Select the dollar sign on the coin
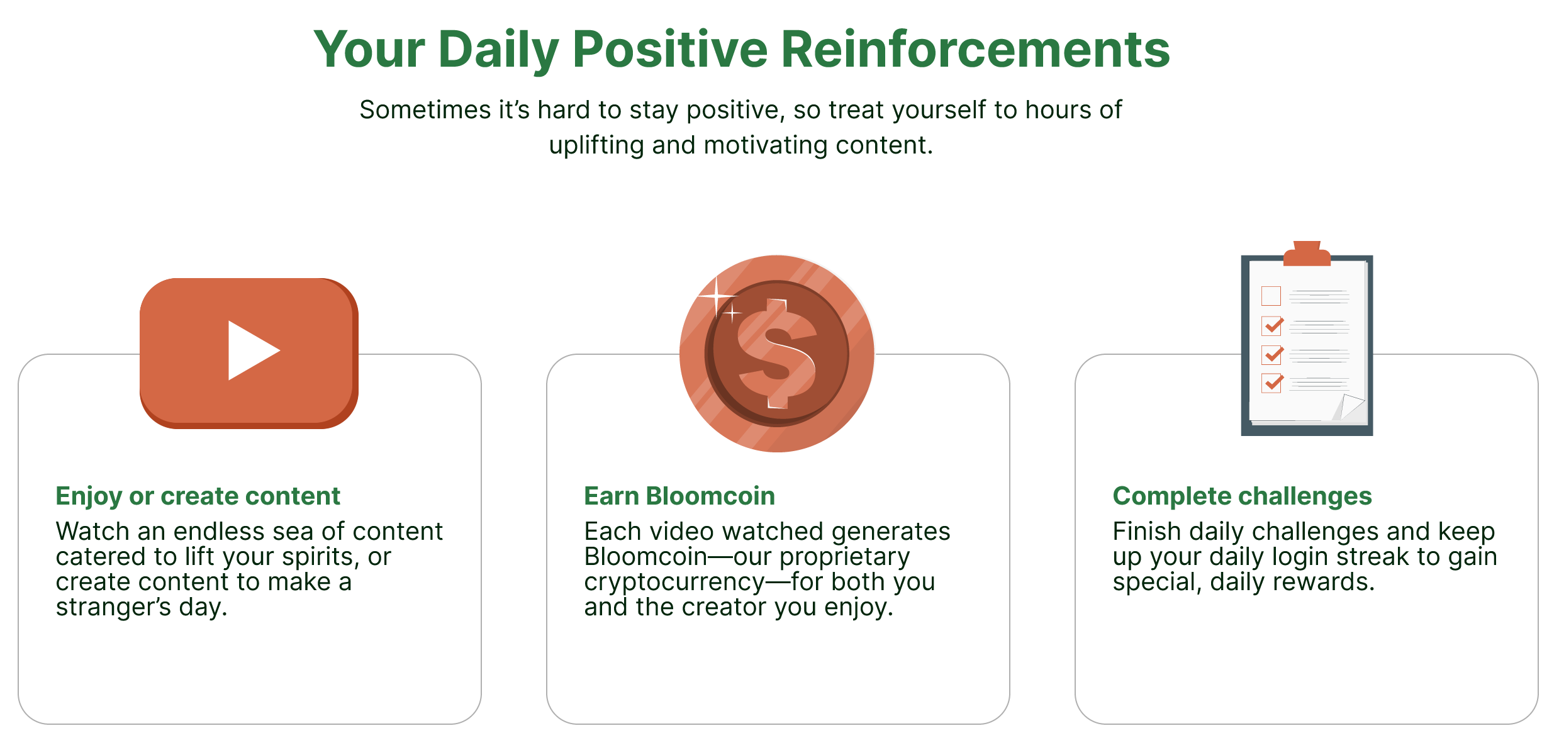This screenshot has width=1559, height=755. [x=778, y=354]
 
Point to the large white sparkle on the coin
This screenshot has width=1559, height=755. [x=717, y=296]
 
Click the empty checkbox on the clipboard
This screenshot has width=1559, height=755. [x=1271, y=296]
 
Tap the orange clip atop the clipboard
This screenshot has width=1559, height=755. [x=1307, y=253]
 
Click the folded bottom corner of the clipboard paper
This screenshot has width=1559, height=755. [x=1351, y=406]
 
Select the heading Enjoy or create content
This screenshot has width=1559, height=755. [x=198, y=496]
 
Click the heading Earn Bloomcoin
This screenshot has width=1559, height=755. [x=679, y=496]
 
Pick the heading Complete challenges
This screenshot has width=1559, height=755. [x=1242, y=496]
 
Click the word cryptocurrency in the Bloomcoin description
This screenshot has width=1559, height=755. [x=674, y=583]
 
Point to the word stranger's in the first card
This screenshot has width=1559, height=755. [x=113, y=608]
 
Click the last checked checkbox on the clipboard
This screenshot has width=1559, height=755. [x=1272, y=383]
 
